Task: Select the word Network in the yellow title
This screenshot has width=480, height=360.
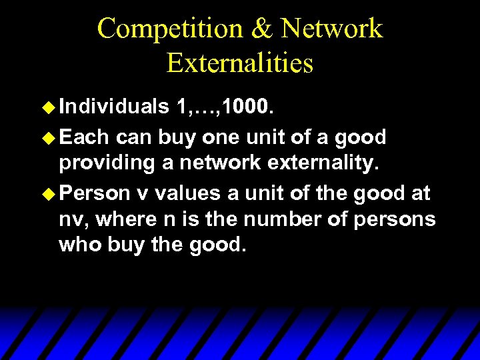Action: click(x=331, y=29)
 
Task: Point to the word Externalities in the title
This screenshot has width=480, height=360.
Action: click(x=240, y=63)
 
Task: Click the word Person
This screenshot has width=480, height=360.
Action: click(x=94, y=193)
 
